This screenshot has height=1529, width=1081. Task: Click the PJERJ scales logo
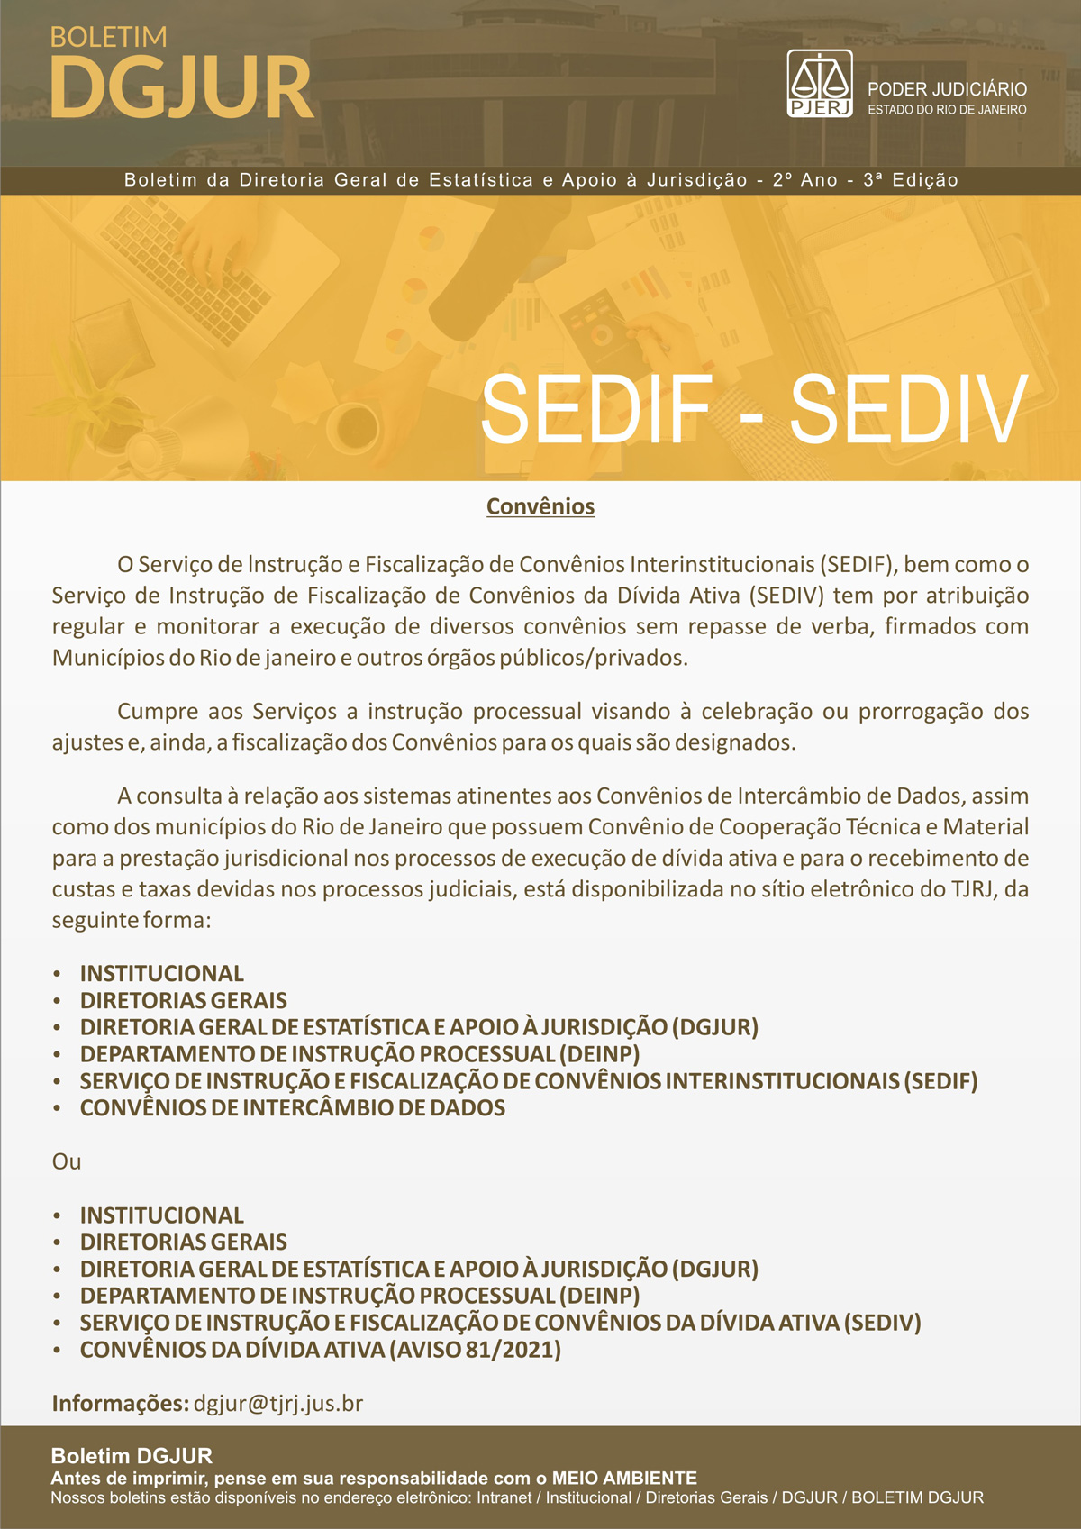[820, 83]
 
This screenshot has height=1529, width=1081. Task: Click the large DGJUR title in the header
[181, 87]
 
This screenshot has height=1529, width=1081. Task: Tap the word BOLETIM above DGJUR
[108, 37]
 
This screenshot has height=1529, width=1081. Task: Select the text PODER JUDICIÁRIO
[947, 89]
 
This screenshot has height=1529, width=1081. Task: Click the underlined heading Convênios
[540, 506]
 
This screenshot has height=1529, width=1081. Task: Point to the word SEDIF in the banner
[596, 409]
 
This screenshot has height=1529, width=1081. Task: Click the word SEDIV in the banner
[908, 409]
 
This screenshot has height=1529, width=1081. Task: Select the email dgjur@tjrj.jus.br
[278, 1403]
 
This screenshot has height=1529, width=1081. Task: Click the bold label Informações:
[120, 1403]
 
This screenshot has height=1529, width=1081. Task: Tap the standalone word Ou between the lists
[67, 1161]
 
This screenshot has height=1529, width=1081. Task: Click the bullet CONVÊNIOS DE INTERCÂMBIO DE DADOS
[292, 1107]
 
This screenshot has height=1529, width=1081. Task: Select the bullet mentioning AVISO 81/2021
[320, 1350]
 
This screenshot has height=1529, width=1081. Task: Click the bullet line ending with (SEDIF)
[528, 1080]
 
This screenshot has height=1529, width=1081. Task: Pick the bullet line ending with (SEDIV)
[500, 1323]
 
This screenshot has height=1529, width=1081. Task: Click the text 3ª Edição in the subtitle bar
[910, 180]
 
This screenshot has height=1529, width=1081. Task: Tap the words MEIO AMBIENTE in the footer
[624, 1478]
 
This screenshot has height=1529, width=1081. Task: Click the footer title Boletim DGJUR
[132, 1456]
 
